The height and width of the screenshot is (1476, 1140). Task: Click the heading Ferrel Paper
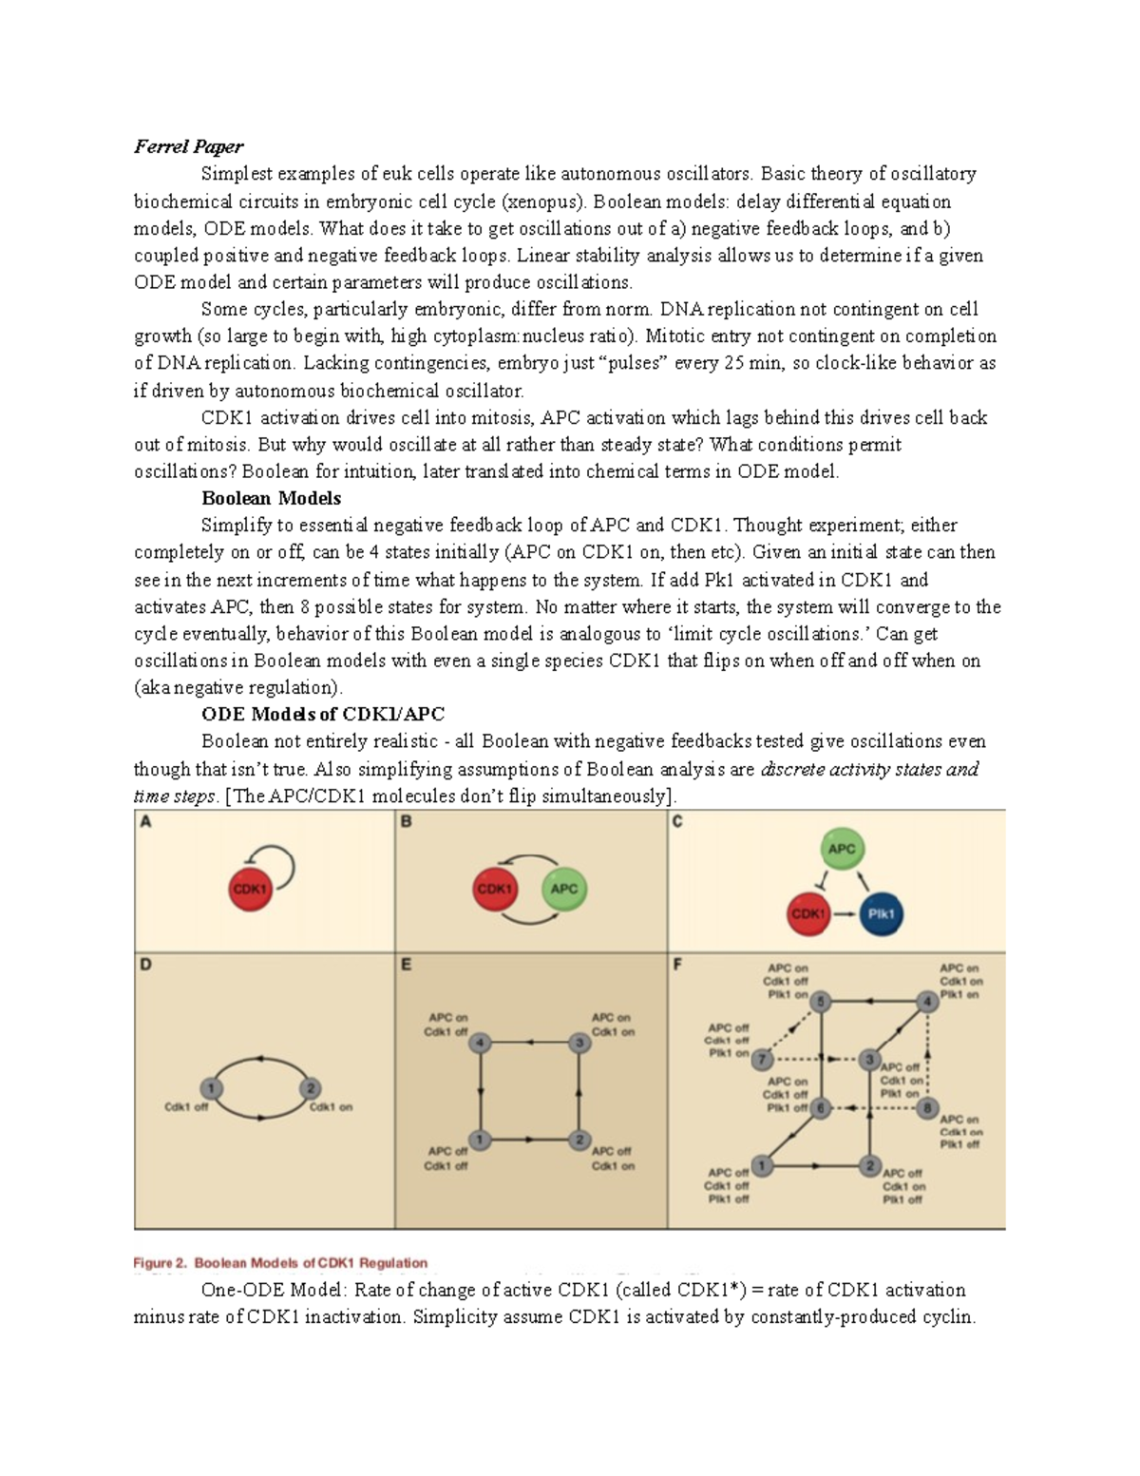188,146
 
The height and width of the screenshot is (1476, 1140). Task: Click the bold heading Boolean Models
271,498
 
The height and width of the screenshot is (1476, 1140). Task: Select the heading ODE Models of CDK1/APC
323,714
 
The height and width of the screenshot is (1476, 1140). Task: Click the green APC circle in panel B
563,889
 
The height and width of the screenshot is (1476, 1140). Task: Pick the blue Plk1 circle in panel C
881,914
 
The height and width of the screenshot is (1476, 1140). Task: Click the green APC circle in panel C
841,849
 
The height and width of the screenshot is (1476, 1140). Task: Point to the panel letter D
145,965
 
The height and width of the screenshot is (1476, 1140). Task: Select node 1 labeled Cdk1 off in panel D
211,1088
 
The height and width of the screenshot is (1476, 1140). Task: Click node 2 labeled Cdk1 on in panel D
310,1088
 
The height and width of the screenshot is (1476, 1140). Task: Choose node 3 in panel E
579,1043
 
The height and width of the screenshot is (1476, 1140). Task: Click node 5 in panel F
821,1001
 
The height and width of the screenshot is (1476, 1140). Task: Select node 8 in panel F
928,1107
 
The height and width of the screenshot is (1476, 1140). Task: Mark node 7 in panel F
761,1059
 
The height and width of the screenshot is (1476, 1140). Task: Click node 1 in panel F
760,1165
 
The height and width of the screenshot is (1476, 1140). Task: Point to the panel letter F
678,965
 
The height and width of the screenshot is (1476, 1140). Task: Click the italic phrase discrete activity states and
868,769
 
